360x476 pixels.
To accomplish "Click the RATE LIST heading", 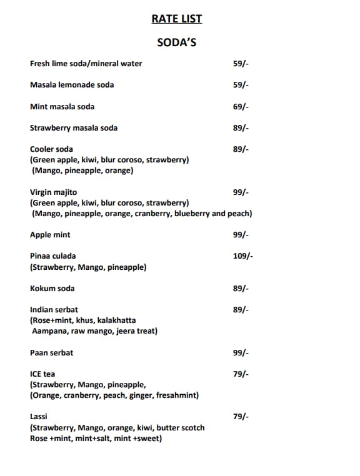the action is coord(177,19).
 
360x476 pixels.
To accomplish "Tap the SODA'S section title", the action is coord(177,43).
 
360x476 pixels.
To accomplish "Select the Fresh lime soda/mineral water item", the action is coord(86,64).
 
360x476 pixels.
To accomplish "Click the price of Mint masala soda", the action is coord(241,107).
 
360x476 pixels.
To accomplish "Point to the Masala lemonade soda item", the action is coord(72,85).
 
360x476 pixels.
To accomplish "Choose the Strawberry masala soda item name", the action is coord(74,128).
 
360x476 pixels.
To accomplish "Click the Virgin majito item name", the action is coord(54,192).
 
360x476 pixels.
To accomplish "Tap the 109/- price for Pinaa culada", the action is coord(243,256).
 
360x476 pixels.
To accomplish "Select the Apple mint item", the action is coord(50,235).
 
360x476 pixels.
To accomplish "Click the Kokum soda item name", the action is coord(52,289).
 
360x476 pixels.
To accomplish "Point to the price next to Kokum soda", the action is coord(241,289).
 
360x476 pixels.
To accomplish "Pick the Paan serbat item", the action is coord(51,353).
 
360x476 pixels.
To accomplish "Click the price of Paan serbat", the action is coord(241,353).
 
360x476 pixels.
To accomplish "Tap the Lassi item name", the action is coord(39,417).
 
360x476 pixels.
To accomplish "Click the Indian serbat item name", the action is coord(54,310).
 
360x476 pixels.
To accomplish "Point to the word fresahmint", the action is coord(177,395).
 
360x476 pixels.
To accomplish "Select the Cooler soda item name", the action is coord(51,149).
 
